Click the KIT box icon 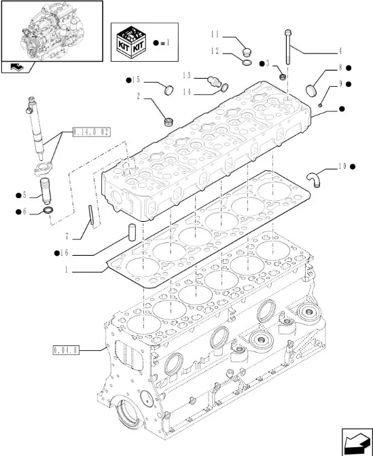(131, 43)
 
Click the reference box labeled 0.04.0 (66, 350)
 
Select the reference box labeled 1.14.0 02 (91, 132)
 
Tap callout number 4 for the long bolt (340, 51)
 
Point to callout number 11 (215, 35)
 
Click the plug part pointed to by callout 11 (247, 53)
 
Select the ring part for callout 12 (247, 62)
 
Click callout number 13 (187, 75)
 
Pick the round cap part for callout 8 (311, 90)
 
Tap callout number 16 (65, 253)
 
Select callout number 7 (67, 236)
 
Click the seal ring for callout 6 (48, 210)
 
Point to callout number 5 (24, 195)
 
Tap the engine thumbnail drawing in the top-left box (52, 31)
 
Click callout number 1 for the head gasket (67, 270)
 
